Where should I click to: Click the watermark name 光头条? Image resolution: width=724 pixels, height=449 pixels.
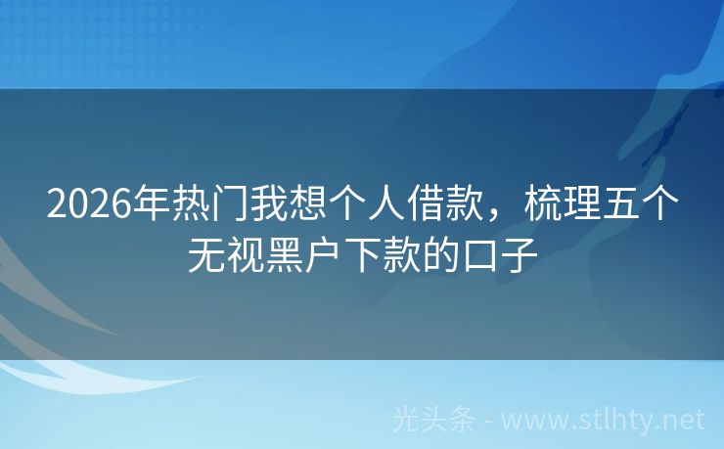pos(433,420)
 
